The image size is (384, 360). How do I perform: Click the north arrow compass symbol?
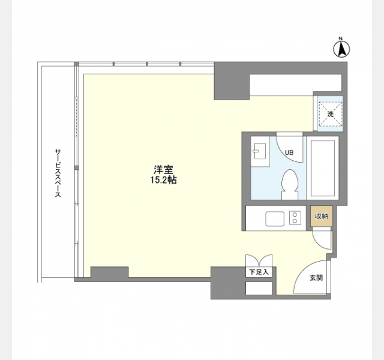tap(341, 49)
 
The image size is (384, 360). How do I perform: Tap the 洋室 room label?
tap(163, 170)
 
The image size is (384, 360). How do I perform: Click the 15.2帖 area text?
tap(163, 180)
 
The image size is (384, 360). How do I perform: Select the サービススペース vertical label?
tap(58, 173)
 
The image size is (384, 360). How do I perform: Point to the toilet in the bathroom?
tap(290, 184)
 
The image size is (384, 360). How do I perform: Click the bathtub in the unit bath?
tap(323, 168)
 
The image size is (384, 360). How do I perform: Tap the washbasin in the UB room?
tap(260, 151)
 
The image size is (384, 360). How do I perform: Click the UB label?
tap(289, 152)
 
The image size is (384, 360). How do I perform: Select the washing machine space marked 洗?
tap(330, 114)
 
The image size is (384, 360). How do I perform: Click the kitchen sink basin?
tap(275, 218)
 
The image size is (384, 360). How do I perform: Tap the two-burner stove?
tap(295, 218)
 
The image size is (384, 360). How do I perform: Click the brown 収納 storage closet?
tap(322, 216)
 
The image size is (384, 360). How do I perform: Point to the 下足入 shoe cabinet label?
tap(259, 272)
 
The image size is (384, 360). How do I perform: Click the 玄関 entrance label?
tap(316, 278)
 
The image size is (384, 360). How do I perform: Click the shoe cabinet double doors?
tap(259, 260)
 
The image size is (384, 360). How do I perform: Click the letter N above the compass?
tap(340, 38)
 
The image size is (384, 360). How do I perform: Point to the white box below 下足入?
tap(259, 288)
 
